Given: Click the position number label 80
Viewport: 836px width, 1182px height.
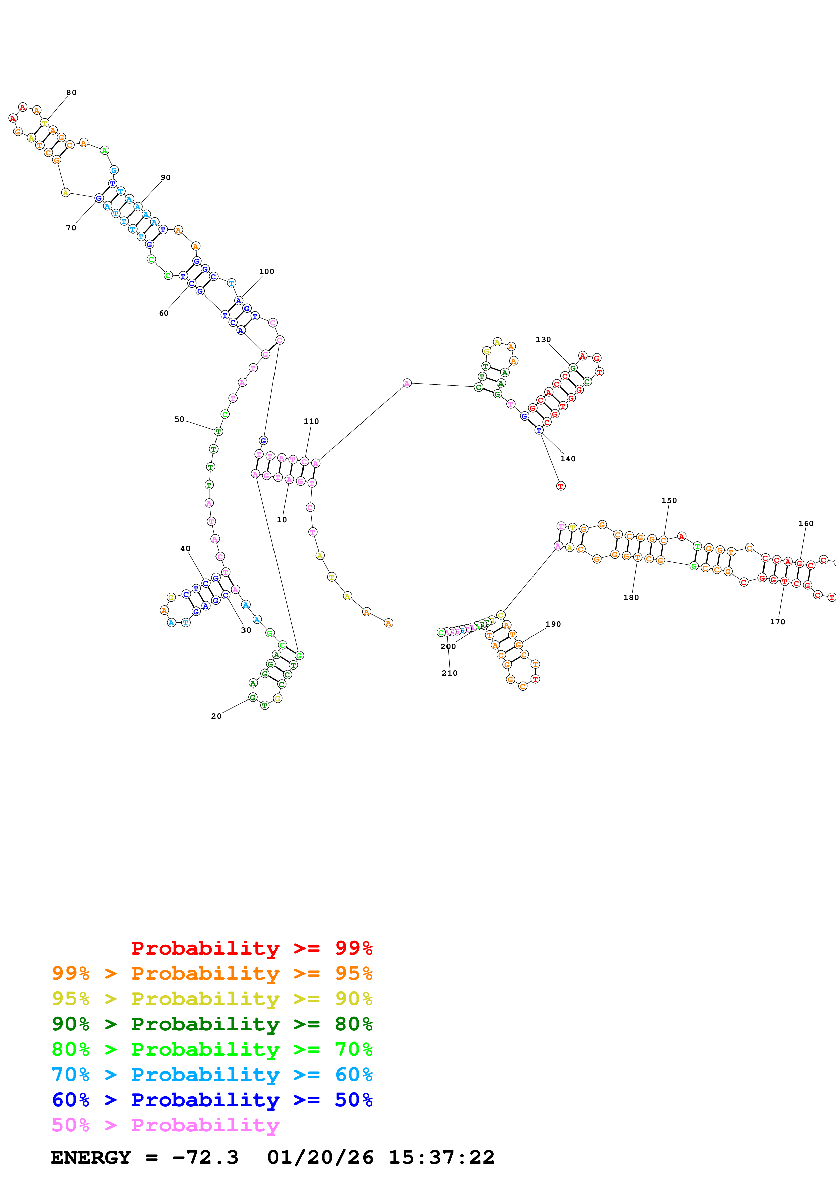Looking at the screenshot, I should click(71, 93).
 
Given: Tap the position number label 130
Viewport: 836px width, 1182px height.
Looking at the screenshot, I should click(543, 339).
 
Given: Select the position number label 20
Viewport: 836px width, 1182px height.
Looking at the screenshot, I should click(217, 716).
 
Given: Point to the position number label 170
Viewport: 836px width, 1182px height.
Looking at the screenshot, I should click(777, 622).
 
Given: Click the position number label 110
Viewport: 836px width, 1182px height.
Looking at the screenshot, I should click(311, 421).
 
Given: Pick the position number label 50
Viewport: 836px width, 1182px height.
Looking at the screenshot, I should click(179, 419).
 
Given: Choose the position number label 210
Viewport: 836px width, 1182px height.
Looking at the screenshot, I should click(450, 673).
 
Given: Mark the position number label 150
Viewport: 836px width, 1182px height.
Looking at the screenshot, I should click(669, 500).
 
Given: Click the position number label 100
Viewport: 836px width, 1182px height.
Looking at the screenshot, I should click(267, 271).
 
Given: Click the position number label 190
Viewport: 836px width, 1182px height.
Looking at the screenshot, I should click(553, 624).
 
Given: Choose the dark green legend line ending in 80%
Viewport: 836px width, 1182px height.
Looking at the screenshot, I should click(212, 1024).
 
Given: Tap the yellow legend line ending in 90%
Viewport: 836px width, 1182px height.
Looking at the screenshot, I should click(212, 999).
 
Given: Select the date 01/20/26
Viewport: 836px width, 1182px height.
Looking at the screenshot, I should click(320, 1157).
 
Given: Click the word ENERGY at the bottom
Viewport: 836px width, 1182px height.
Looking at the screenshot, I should click(91, 1157).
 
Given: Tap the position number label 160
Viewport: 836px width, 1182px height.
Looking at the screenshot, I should click(806, 524).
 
